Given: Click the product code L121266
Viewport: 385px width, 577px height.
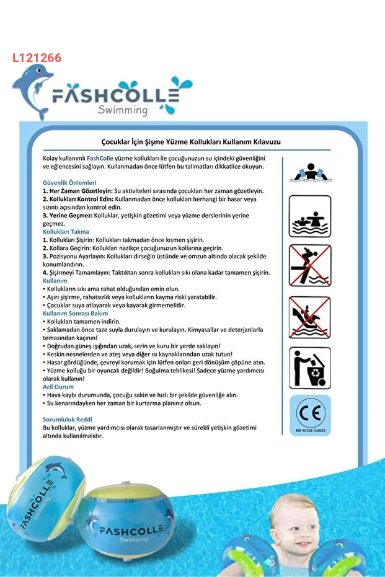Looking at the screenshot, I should coord(37,58).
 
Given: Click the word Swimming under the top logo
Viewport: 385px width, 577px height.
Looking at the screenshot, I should coord(123,110).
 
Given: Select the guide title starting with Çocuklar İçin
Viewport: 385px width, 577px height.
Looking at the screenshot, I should coord(191,142).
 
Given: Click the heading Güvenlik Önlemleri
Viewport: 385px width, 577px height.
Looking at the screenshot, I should coord(69,183).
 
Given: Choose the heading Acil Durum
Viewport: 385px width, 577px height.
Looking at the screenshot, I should coord(58,387).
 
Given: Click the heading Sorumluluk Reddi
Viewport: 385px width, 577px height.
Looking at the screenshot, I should coord(68,420).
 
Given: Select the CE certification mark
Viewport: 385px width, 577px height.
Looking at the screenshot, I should coord(310,412).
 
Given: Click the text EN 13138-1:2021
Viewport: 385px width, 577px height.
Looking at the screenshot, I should coord(310,429).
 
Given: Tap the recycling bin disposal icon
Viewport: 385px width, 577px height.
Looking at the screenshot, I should coord(310,368).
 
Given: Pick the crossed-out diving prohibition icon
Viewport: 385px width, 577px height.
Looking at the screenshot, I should coord(310,265).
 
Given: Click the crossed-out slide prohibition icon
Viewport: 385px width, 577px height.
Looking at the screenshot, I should coord(310,317).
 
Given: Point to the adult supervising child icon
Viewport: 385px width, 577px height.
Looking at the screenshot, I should coord(310,216).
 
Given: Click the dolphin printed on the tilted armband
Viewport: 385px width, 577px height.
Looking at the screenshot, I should coord(55,472).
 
